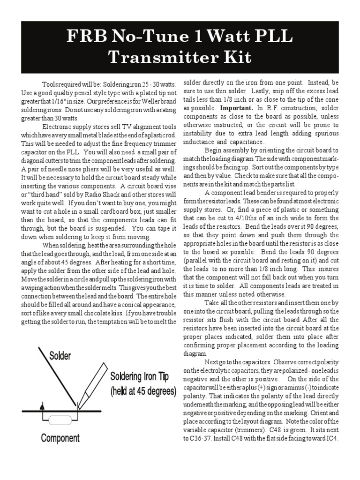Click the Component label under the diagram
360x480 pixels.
tap(60, 438)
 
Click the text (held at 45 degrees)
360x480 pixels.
tap(143, 390)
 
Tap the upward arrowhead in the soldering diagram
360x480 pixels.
tap(43, 406)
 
